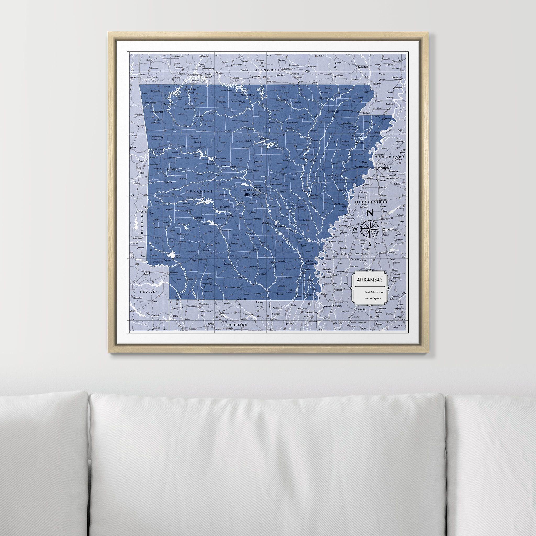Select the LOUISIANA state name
coord(237,325)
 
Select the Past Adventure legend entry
coord(374,292)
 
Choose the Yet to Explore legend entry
coord(373,299)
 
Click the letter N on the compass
coord(370,213)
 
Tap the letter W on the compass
coord(355,228)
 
